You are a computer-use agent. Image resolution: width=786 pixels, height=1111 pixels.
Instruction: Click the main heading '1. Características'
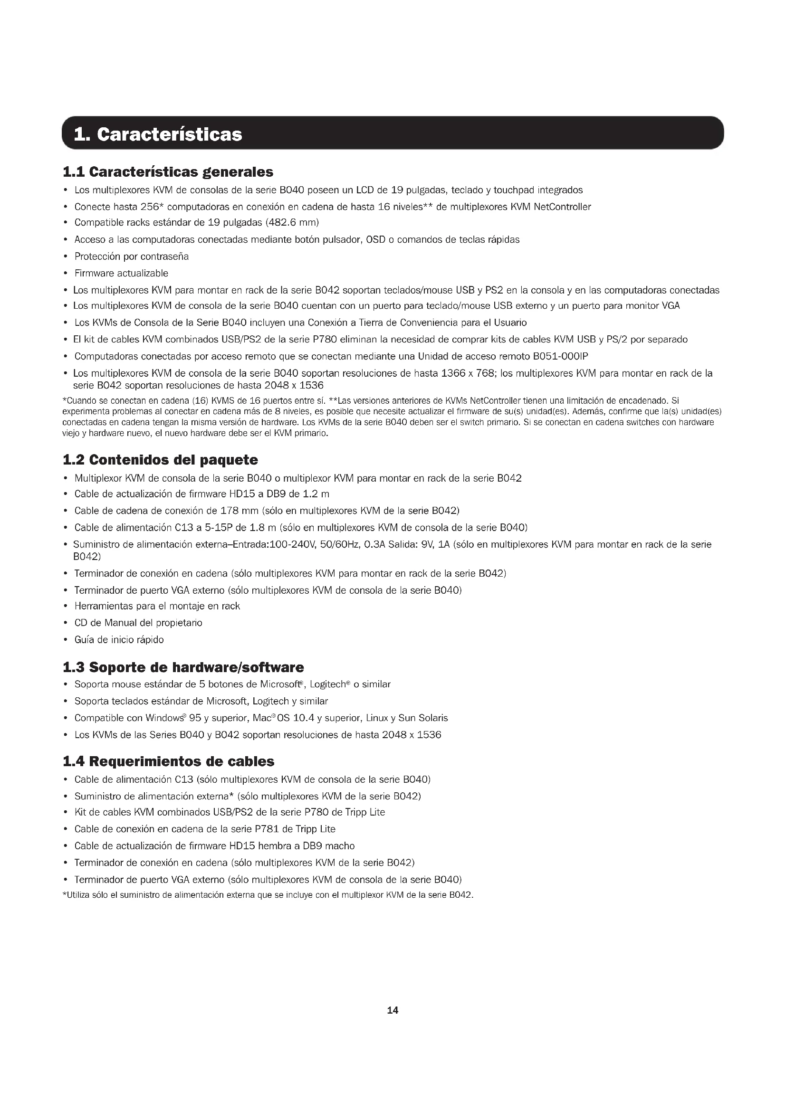click(158, 134)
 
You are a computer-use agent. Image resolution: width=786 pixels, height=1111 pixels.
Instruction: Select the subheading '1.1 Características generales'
click(168, 172)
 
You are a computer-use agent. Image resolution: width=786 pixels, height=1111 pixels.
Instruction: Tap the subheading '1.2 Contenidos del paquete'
click(160, 459)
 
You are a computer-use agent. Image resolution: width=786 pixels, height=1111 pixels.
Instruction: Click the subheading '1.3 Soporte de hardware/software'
click(183, 667)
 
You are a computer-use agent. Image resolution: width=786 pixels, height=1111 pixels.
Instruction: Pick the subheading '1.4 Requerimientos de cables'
click(168, 761)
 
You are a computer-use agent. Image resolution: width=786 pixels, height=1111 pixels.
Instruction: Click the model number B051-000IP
click(560, 357)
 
